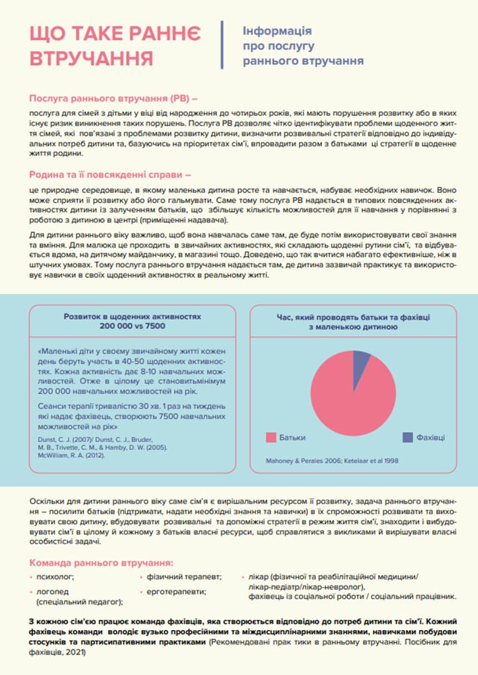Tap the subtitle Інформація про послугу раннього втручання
pyautogui.click(x=303, y=46)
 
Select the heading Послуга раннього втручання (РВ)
pyautogui.click(x=114, y=99)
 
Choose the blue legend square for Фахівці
pyautogui.click(x=408, y=437)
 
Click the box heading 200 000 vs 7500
pyautogui.click(x=132, y=326)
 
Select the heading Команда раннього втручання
pyautogui.click(x=101, y=563)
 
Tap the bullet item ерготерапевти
pyautogui.click(x=176, y=590)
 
